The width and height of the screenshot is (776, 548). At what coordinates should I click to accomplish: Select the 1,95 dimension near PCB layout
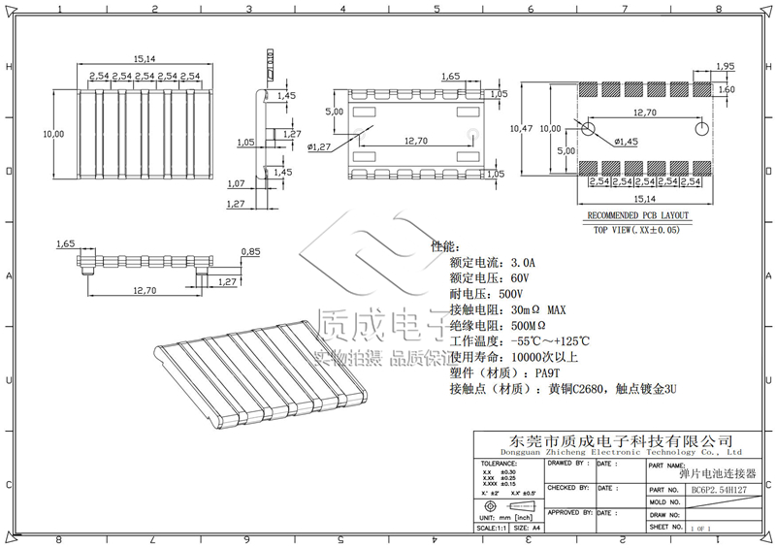click(725, 66)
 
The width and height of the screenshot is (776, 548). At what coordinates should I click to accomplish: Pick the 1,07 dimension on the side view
click(235, 183)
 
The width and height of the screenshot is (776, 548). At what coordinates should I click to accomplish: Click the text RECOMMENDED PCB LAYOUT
click(637, 216)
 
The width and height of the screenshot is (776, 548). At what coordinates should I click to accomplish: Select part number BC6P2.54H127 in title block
click(718, 490)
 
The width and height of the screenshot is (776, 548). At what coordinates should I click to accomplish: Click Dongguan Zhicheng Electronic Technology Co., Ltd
click(620, 452)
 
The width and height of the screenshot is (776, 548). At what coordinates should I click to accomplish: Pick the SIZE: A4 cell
click(529, 528)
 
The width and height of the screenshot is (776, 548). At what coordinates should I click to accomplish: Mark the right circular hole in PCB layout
click(701, 129)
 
